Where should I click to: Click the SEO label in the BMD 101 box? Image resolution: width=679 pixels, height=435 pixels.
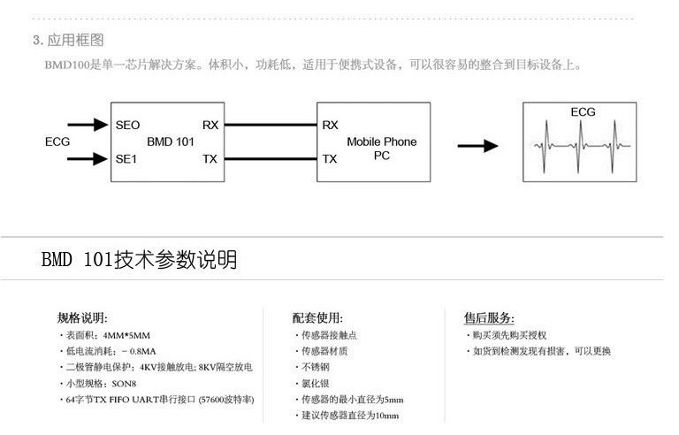[x=127, y=126]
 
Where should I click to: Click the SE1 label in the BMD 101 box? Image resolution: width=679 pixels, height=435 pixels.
[x=127, y=159]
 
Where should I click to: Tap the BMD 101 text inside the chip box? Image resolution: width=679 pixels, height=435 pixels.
[x=170, y=141]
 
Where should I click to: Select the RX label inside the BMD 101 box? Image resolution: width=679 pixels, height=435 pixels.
[x=210, y=126]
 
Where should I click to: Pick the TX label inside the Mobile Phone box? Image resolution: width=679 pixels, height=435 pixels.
[x=330, y=159]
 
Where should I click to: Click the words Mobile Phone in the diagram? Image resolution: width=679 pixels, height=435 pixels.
[x=381, y=141]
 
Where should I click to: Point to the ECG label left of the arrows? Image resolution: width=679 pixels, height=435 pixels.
[x=57, y=141]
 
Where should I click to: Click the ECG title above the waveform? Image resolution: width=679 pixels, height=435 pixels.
[x=583, y=112]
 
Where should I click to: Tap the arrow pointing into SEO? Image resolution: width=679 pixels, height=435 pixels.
[x=88, y=126]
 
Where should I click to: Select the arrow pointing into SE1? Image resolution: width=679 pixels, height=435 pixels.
[x=88, y=159]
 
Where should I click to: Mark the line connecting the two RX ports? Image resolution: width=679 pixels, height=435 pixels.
[x=269, y=126]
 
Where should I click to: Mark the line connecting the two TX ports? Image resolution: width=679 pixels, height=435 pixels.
[x=269, y=159]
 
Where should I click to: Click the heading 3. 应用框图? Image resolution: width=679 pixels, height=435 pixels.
[x=68, y=40]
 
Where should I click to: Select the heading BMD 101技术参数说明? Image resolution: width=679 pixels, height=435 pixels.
[x=139, y=260]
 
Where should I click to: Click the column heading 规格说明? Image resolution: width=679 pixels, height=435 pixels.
[x=82, y=318]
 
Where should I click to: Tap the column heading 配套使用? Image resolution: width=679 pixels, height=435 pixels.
[x=317, y=318]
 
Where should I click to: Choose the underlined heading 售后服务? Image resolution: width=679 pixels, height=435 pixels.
[x=489, y=318]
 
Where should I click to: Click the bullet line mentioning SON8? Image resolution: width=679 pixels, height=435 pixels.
[x=100, y=384]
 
